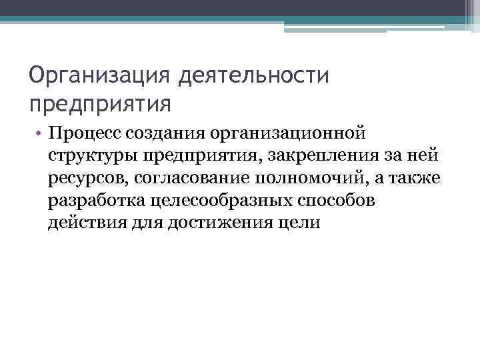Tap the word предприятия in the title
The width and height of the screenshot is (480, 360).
100,105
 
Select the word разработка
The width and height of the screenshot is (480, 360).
95,201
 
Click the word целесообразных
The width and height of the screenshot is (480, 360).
215,201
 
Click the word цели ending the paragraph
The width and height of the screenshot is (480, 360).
301,223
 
